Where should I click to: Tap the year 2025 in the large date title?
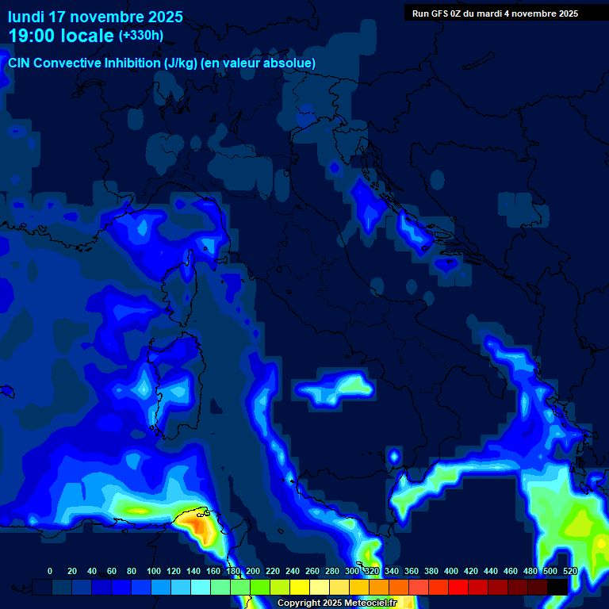click(161, 17)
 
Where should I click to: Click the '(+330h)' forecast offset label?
click(140, 36)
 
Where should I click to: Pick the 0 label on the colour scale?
click(50, 571)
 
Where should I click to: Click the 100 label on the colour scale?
click(153, 571)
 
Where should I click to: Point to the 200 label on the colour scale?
click(252, 571)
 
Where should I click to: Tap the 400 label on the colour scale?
click(451, 571)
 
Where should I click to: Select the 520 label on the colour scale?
click(570, 571)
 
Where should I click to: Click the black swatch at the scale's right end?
click(557, 587)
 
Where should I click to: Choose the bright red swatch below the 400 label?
click(458, 587)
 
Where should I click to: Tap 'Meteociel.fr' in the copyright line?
click(369, 603)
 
